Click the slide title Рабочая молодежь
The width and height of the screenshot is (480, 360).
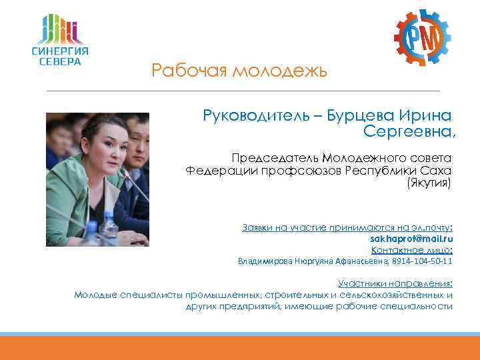(x=239, y=70)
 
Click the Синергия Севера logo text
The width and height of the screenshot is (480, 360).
(x=60, y=56)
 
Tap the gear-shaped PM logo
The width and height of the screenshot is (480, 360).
(x=421, y=39)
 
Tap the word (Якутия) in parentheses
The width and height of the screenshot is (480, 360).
(x=429, y=181)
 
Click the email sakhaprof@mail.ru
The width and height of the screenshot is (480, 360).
(x=411, y=238)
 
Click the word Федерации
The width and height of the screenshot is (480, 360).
(x=214, y=169)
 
